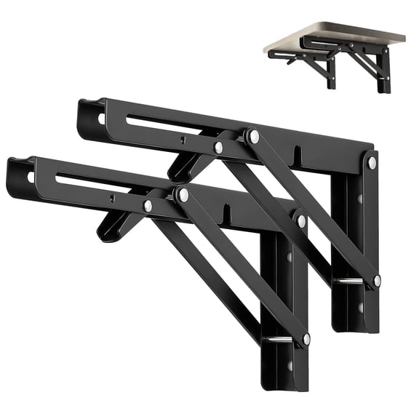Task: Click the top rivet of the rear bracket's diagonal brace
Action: pos(253,136)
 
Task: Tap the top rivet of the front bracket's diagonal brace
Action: pos(183,195)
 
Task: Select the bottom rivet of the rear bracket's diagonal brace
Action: pos(377,279)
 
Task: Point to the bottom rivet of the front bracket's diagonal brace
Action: pos(306,339)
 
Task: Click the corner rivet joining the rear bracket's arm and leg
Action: pos(372,163)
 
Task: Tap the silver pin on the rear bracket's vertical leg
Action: pos(350,282)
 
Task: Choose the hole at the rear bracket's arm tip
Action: pos(101,117)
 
